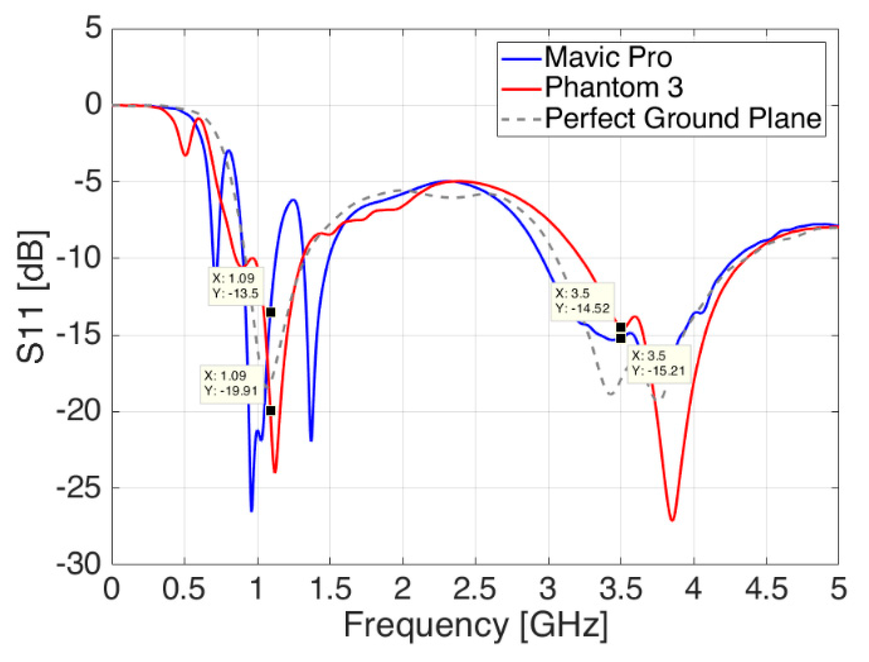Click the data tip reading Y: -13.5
[x=235, y=286]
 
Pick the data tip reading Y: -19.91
[x=231, y=384]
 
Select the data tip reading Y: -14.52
[x=582, y=301]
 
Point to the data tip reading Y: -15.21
[x=658, y=364]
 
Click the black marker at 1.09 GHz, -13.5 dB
[x=271, y=312]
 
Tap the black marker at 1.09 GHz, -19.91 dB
[x=271, y=410]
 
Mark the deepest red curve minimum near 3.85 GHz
[x=672, y=520]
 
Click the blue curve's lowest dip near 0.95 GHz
[x=251, y=511]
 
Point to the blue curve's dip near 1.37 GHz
[x=311, y=440]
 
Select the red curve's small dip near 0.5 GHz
[x=185, y=155]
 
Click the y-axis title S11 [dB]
[x=32, y=296]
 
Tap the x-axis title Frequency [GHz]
[x=475, y=625]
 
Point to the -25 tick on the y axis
[x=79, y=489]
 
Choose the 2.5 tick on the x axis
[x=475, y=589]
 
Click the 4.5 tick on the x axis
[x=766, y=589]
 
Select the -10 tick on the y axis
[x=79, y=259]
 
